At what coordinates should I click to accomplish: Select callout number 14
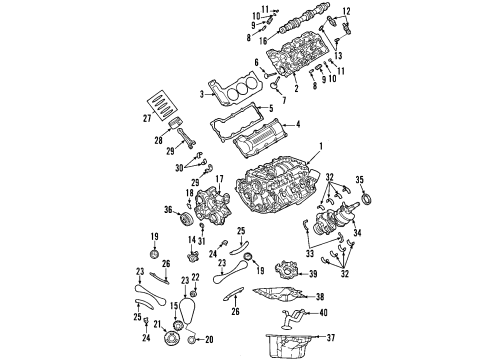[192, 268]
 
